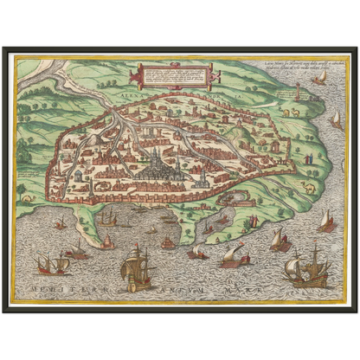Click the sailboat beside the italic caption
(x=321, y=77)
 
